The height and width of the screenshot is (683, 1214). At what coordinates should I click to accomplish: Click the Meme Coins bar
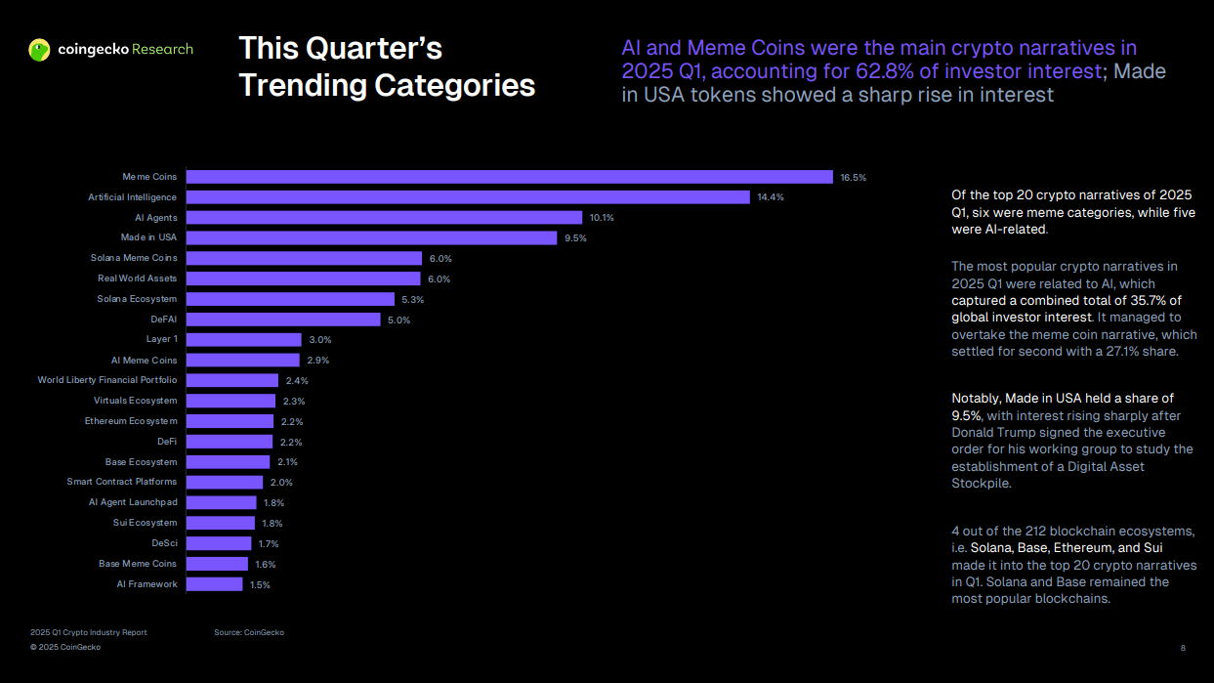click(x=509, y=177)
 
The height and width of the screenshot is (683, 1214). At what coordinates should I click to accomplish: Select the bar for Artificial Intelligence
click(x=468, y=197)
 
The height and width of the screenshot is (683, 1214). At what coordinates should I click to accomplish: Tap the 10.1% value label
click(x=602, y=218)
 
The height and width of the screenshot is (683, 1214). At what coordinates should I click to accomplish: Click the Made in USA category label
click(x=148, y=237)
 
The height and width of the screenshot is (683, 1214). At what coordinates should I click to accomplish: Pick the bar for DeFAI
click(x=283, y=320)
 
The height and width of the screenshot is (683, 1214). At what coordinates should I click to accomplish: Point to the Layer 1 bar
click(x=243, y=340)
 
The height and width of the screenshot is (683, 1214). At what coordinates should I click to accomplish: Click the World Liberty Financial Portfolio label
click(x=107, y=380)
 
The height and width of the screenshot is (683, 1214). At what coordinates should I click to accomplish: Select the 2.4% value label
click(x=297, y=381)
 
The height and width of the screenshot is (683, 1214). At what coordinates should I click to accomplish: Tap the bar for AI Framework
click(x=214, y=584)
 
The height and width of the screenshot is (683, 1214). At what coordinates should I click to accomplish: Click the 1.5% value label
click(x=260, y=585)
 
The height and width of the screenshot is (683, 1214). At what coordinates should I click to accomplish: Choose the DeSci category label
click(x=164, y=543)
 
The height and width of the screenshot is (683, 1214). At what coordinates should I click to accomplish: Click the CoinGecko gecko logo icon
click(x=39, y=50)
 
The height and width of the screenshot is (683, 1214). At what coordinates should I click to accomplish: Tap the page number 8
click(x=1183, y=648)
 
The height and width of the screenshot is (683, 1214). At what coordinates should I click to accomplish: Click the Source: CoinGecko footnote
click(x=249, y=633)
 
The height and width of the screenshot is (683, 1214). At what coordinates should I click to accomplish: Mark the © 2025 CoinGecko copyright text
click(x=64, y=648)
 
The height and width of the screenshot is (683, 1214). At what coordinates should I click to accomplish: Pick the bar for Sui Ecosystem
click(x=221, y=523)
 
